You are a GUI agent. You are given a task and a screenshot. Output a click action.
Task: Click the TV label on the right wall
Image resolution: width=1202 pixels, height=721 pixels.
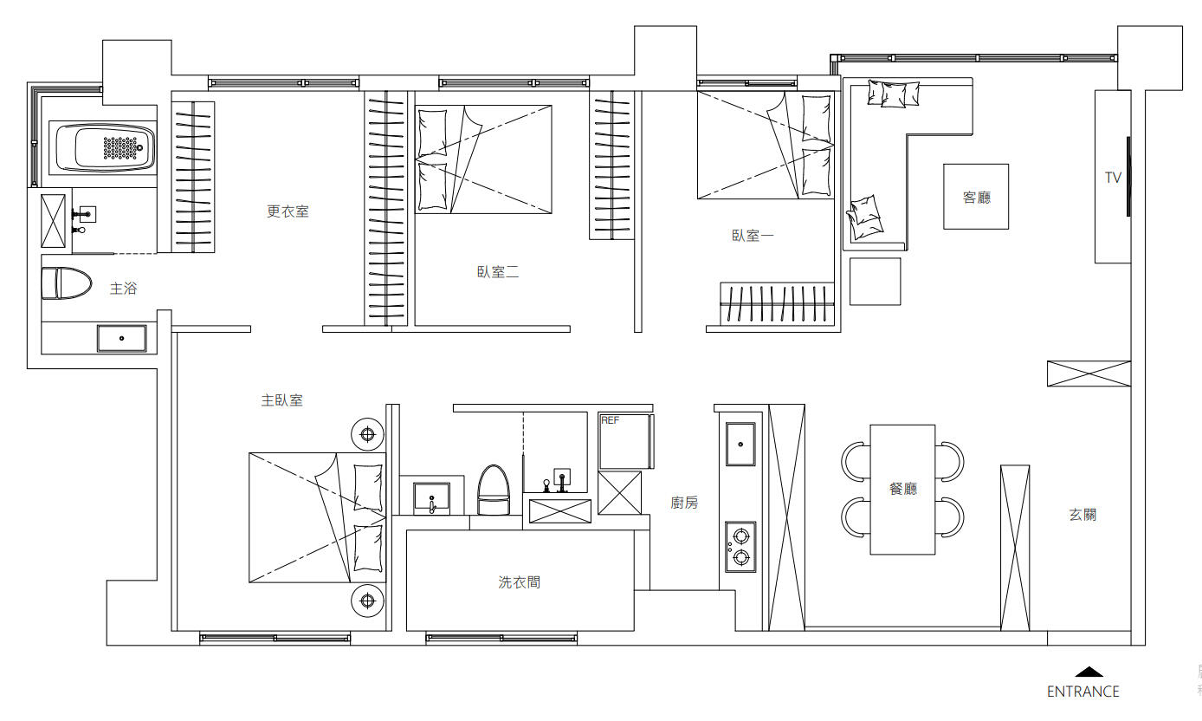pyautogui.click(x=1113, y=178)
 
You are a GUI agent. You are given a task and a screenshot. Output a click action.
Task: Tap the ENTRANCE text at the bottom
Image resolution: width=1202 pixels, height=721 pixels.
pyautogui.click(x=1082, y=692)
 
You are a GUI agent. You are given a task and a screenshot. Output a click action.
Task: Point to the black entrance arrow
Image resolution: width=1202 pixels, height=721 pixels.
pyautogui.click(x=1089, y=672)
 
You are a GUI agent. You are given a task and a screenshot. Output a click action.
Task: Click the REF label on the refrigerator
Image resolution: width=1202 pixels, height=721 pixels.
pyautogui.click(x=610, y=419)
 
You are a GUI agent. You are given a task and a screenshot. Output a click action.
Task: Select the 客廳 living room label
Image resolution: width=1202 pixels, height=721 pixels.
pyautogui.click(x=976, y=198)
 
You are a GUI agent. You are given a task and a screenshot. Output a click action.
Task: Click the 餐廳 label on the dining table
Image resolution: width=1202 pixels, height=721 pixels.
pyautogui.click(x=903, y=489)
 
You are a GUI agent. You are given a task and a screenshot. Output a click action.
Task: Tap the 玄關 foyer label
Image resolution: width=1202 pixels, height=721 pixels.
pyautogui.click(x=1082, y=515)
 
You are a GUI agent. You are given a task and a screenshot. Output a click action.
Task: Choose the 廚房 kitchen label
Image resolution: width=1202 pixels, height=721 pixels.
pyautogui.click(x=684, y=503)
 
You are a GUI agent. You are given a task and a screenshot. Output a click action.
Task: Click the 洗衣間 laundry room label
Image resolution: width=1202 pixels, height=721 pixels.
pyautogui.click(x=520, y=582)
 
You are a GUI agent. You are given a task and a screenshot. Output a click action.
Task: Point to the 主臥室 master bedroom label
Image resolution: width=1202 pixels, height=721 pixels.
pyautogui.click(x=282, y=400)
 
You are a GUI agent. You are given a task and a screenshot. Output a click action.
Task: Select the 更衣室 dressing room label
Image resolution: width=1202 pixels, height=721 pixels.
pyautogui.click(x=288, y=211)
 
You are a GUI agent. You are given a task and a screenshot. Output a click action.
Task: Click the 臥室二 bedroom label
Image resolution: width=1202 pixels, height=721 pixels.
pyautogui.click(x=498, y=271)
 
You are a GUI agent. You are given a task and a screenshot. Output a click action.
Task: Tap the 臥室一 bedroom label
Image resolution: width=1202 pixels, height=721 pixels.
pyautogui.click(x=753, y=235)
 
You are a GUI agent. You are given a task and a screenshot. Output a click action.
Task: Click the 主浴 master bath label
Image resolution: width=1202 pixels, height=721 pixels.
pyautogui.click(x=123, y=289)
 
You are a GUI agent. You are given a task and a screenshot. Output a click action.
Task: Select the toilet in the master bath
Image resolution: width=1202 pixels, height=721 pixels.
pyautogui.click(x=66, y=283)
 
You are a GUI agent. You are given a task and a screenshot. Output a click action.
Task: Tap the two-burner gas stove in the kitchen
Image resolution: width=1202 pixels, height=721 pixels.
pyautogui.click(x=740, y=546)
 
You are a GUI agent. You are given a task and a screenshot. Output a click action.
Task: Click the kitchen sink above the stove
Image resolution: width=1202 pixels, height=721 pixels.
pyautogui.click(x=740, y=445)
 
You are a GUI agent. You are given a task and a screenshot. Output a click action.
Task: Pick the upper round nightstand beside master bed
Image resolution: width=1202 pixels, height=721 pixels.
pyautogui.click(x=367, y=434)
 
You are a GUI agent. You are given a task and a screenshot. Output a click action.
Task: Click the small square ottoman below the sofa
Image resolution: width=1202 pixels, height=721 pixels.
pyautogui.click(x=875, y=281)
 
